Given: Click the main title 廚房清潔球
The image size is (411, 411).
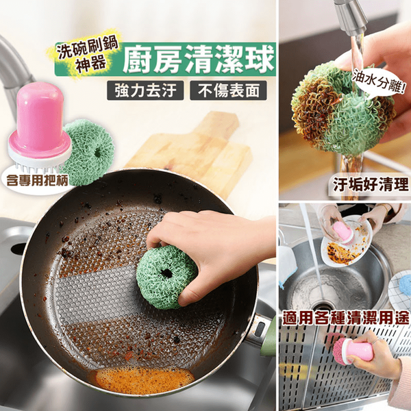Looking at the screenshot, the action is point(199,59).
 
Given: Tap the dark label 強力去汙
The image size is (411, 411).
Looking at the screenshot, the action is point(145,90).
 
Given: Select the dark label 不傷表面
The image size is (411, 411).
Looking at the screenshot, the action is point(228,90).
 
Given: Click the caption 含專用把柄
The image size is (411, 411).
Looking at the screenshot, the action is point(37,180).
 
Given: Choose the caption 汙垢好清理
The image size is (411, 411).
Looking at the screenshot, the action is point(371,184).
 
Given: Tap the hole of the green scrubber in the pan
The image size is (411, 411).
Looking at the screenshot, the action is point(166,273).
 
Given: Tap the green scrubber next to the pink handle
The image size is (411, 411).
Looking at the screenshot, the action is point(89,153).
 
